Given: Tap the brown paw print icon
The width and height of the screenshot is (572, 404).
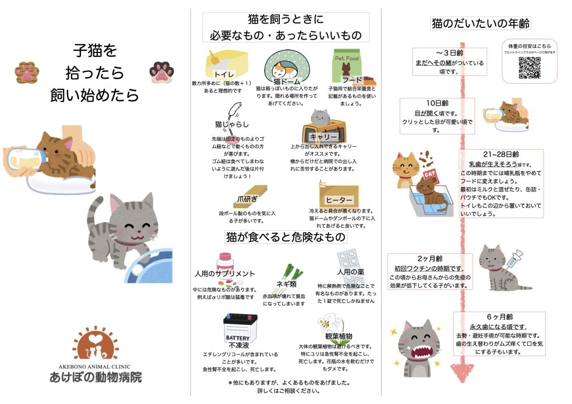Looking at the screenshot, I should tap(27, 71).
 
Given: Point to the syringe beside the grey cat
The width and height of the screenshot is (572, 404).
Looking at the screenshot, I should tap(513, 259).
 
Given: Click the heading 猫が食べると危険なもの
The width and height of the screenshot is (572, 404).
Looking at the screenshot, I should tap(285, 237).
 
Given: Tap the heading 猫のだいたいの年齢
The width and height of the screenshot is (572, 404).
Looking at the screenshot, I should tap(480, 24).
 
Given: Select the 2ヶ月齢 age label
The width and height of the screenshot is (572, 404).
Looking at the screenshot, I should tap(430, 258).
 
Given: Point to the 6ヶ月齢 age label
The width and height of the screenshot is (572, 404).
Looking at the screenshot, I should tap(499, 316).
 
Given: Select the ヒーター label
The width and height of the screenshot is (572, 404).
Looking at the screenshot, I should tap(339, 200).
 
